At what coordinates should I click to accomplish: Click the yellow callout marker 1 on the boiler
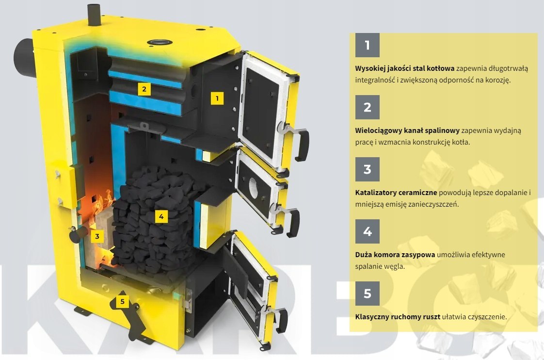[217, 98]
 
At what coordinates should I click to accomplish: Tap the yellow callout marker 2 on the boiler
[144, 89]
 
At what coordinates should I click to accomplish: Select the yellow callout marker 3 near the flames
[97, 236]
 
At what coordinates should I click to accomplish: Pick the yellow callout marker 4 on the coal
[161, 216]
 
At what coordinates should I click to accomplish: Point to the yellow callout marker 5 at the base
[122, 301]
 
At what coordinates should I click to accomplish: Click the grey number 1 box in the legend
[367, 45]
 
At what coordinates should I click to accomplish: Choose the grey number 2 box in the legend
[367, 107]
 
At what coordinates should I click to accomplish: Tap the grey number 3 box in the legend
[367, 169]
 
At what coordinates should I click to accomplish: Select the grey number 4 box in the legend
[367, 231]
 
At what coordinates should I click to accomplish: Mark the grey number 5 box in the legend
[367, 294]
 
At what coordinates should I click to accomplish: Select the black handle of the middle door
[293, 222]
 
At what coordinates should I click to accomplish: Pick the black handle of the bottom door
[281, 321]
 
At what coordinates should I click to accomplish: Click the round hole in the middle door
[253, 189]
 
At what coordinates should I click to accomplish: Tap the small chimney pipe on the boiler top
[94, 15]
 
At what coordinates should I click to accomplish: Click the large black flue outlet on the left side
[24, 58]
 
